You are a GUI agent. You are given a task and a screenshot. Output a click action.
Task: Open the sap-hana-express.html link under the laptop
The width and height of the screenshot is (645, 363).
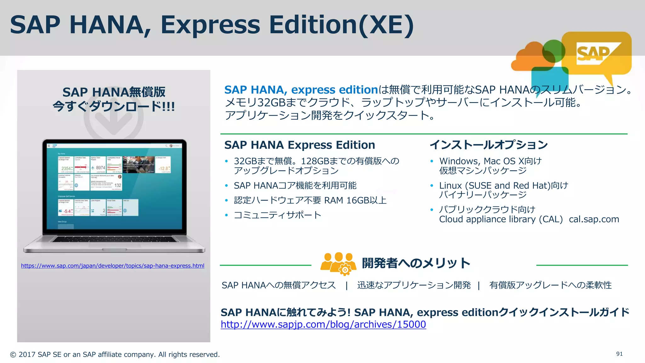click(x=112, y=266)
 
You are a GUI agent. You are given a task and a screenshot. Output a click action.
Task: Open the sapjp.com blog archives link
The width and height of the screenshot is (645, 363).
click(x=323, y=324)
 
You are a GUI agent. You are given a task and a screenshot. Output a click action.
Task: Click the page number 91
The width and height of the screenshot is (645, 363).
click(x=619, y=354)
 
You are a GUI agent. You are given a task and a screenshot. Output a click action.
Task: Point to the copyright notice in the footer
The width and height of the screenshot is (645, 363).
click(x=115, y=354)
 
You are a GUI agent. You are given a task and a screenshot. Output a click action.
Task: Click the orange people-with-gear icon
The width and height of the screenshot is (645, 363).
click(x=338, y=263)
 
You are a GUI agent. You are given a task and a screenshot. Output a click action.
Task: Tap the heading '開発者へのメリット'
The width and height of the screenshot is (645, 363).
click(x=416, y=263)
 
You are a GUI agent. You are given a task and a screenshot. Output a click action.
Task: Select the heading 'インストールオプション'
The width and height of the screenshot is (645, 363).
click(x=489, y=145)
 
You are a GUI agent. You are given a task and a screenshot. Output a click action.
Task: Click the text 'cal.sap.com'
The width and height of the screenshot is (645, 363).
click(x=594, y=219)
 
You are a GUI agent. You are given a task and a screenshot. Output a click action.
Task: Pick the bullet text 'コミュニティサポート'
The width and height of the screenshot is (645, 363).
click(x=277, y=215)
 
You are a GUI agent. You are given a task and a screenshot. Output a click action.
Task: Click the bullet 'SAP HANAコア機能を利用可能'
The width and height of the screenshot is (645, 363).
click(x=295, y=186)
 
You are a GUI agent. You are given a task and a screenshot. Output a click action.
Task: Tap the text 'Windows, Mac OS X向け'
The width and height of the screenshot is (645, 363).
click(x=490, y=161)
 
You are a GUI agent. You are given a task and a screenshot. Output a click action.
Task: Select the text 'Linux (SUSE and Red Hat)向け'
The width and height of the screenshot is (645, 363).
click(x=504, y=186)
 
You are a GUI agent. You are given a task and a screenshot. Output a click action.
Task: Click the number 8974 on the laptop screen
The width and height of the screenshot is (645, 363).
click(x=100, y=168)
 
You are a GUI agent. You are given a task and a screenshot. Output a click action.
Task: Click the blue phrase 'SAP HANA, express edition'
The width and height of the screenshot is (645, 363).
click(x=301, y=90)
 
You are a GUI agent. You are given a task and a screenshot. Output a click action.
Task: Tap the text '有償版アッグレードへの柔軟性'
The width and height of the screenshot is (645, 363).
click(x=550, y=285)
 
